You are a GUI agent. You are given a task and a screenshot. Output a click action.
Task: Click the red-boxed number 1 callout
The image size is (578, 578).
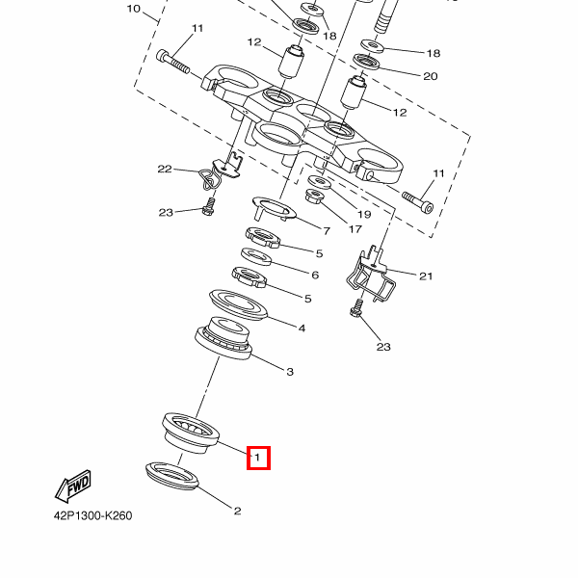[259, 458]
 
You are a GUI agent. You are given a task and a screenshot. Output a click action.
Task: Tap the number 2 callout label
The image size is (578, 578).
[237, 511]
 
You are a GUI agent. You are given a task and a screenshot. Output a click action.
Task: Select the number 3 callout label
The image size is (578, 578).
[288, 371]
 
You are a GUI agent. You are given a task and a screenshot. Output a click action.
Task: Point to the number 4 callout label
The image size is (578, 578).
[302, 328]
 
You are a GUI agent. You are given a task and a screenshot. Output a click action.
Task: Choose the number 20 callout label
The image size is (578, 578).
[430, 76]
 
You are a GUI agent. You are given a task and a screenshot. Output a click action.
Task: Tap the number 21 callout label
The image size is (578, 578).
[425, 276]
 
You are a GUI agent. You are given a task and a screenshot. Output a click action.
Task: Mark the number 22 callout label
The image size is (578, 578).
[165, 170]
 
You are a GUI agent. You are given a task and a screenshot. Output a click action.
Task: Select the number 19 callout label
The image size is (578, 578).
[364, 214]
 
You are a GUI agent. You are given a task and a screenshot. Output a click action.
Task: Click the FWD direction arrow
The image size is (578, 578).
[74, 487]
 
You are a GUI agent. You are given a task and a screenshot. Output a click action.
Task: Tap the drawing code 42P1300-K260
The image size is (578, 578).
[92, 515]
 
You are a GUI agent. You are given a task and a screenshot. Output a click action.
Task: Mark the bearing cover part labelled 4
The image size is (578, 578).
[238, 303]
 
